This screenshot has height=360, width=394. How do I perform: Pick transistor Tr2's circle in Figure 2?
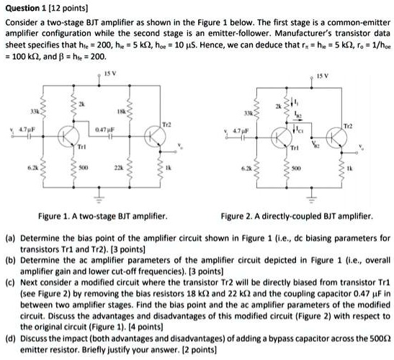coord(340,136)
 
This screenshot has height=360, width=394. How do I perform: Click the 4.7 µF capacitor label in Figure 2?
coord(234,130)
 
